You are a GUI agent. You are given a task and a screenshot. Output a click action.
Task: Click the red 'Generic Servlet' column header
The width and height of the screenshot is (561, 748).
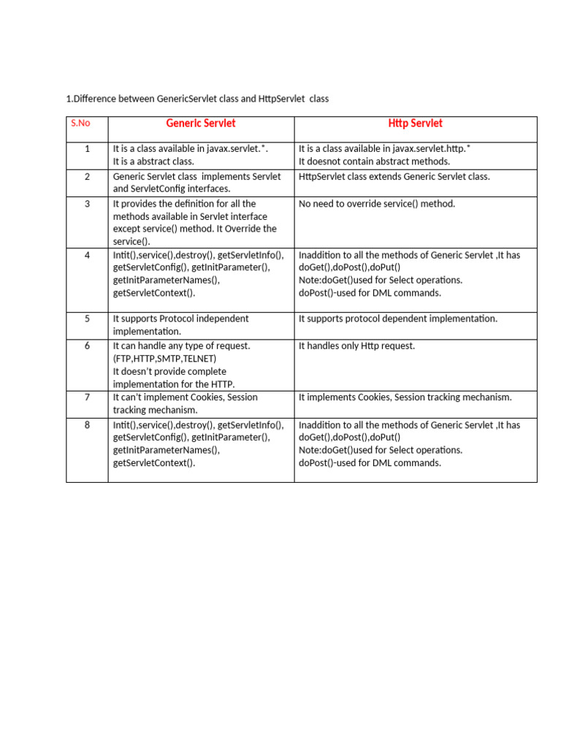(201, 123)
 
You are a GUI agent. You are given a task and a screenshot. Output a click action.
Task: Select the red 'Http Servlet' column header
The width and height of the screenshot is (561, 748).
(415, 123)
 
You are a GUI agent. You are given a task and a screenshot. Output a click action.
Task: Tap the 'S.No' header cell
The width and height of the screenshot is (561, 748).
(80, 123)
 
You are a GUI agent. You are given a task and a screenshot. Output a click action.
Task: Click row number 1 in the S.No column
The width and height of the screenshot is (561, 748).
(87, 149)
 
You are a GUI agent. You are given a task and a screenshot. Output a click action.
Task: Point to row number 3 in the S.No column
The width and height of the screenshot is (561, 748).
(87, 204)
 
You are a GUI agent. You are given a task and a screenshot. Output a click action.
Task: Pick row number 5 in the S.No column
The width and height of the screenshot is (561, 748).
(87, 318)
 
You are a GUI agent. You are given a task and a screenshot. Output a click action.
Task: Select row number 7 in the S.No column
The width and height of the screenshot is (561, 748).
(87, 397)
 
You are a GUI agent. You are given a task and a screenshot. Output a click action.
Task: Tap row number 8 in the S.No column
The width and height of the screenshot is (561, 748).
(87, 424)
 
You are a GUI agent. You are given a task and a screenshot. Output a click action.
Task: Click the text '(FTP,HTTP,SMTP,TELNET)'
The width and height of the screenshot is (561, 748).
(164, 359)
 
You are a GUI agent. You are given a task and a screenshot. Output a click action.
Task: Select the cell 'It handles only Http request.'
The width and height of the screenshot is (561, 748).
(356, 346)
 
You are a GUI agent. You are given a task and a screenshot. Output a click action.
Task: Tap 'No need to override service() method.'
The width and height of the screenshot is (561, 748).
(377, 204)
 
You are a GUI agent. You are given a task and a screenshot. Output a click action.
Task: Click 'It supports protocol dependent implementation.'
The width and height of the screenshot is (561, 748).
(398, 318)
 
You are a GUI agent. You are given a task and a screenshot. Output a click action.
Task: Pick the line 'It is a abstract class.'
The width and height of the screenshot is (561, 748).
(153, 161)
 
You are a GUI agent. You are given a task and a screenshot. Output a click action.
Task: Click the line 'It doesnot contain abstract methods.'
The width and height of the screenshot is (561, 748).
(374, 161)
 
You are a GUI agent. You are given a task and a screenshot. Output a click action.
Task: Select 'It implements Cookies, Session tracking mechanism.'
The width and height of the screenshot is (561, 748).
(405, 397)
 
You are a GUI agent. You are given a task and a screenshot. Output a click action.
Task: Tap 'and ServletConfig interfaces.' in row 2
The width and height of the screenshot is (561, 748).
(172, 189)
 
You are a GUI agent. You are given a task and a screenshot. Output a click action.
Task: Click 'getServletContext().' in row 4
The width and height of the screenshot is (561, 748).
(154, 293)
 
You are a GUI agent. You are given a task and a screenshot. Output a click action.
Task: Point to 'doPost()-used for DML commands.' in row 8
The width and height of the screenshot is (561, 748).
(370, 463)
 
